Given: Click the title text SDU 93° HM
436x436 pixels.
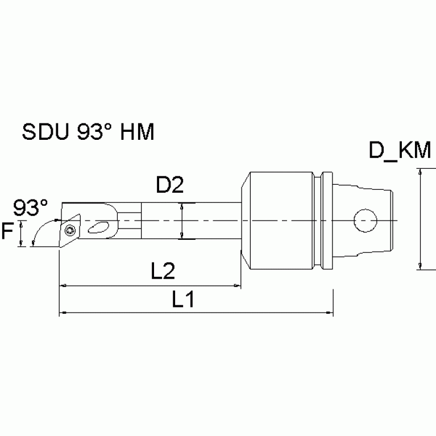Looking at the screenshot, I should tap(88, 132).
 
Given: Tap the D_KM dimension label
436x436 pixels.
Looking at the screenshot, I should tap(400, 151).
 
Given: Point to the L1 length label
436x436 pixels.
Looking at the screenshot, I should tap(184, 300).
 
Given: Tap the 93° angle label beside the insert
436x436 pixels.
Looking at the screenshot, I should tap(31, 207).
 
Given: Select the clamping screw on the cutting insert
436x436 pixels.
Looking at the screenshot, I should tap(70, 230).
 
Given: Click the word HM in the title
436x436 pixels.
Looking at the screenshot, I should tap(138, 132).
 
